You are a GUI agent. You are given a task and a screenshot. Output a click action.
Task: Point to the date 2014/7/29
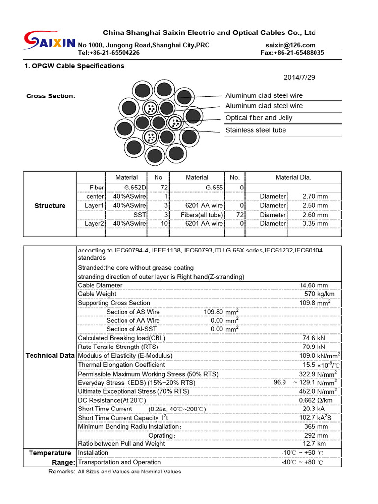pyautogui.click(x=300, y=77)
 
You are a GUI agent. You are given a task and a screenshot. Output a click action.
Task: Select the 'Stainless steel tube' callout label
pyautogui.click(x=255, y=130)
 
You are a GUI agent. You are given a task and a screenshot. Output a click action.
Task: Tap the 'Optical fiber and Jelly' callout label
pyautogui.click(x=258, y=118)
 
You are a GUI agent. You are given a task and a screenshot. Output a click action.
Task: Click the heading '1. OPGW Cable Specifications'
pyautogui.click(x=74, y=66)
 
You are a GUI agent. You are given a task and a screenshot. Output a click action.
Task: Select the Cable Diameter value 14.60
pyautogui.click(x=307, y=285)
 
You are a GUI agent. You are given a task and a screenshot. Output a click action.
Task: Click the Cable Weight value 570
pyautogui.click(x=310, y=294)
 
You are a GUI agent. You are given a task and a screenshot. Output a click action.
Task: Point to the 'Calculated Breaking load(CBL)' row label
pyautogui.click(x=122, y=338)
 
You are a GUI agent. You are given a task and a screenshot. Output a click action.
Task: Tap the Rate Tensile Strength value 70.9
pyautogui.click(x=309, y=347)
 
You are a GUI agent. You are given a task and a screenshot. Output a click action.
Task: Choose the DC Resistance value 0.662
pyautogui.click(x=307, y=400)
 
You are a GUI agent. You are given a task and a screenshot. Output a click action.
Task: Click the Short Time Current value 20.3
pyautogui.click(x=309, y=409)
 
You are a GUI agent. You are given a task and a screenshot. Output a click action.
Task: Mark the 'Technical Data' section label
pyautogui.click(x=50, y=356)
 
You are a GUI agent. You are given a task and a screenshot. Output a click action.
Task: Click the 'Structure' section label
pyautogui.click(x=50, y=206)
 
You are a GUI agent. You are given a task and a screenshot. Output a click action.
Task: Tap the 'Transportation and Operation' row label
pyautogui.click(x=120, y=462)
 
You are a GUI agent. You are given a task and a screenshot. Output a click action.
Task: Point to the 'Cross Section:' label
pyautogui.click(x=51, y=96)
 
